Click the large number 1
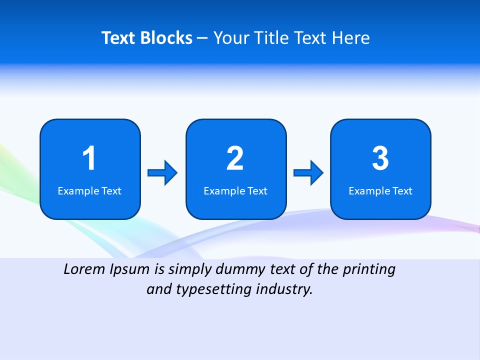(x=89, y=158)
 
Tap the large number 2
(x=235, y=158)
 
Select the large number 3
(x=380, y=158)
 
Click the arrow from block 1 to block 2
(x=162, y=173)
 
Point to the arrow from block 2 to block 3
(x=308, y=173)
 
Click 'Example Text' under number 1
(x=89, y=191)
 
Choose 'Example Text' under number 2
(x=235, y=191)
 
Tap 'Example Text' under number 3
(x=380, y=191)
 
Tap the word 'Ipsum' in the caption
(x=130, y=270)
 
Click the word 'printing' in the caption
(x=369, y=270)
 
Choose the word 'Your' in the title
(x=230, y=38)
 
